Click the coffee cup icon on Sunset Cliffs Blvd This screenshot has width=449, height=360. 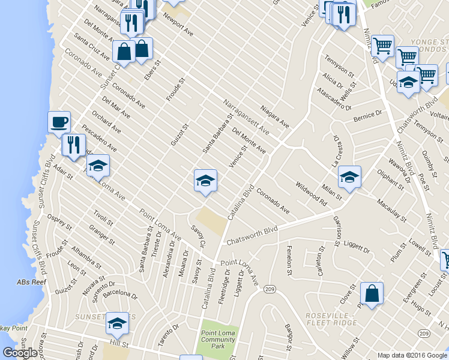point(59,122)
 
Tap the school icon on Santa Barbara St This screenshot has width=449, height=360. point(205,180)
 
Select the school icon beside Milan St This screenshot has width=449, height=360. point(349,176)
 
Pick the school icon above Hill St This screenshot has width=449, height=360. point(117,323)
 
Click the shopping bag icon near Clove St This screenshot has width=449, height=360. point(372,293)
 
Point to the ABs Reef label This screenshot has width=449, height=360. point(32,282)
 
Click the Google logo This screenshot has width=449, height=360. point(20,352)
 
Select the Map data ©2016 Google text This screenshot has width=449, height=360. point(412,355)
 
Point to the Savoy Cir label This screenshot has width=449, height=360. point(198,236)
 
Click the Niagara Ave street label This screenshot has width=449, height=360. point(275,117)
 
